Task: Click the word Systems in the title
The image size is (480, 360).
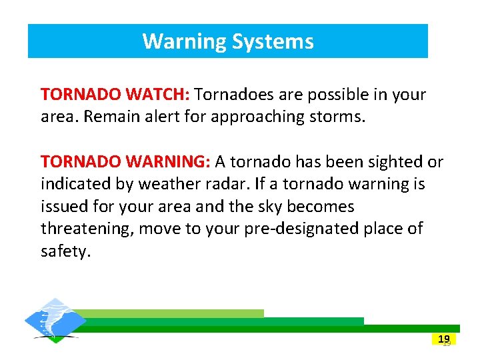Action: click(x=273, y=41)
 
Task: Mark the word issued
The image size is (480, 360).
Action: click(x=63, y=207)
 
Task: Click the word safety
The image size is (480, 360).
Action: click(x=64, y=252)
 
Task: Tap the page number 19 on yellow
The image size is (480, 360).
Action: click(x=444, y=339)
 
